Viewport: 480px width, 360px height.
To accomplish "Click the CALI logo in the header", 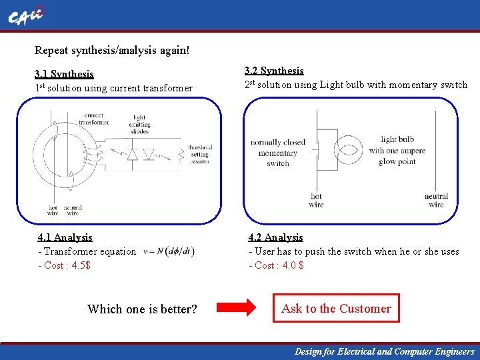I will click(25, 17).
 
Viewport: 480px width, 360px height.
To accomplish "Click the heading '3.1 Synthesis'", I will click(64, 74).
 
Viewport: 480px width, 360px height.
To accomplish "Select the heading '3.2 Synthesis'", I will click(274, 71).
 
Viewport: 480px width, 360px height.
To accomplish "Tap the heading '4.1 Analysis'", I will click(65, 237).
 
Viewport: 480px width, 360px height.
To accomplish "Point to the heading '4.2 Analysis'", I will click(275, 237).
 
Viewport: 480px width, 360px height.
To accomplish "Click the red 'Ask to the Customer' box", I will click(336, 309).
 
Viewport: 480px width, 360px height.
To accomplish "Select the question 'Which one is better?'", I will click(142, 309).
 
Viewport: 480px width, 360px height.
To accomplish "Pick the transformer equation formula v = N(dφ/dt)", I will click(169, 251).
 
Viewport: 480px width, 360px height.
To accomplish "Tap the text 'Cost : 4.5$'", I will click(67, 265).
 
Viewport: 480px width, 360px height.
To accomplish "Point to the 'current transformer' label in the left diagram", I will click(94, 119).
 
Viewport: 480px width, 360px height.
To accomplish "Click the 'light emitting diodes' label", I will click(140, 125).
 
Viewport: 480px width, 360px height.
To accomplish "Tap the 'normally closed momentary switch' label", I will click(278, 153).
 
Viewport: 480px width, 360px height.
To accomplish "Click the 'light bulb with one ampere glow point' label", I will click(397, 151).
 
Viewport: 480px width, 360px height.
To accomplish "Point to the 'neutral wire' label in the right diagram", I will click(436, 200).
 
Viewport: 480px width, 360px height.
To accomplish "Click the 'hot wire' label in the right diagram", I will click(316, 200).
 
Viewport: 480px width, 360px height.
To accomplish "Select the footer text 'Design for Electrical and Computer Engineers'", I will click(385, 351).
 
